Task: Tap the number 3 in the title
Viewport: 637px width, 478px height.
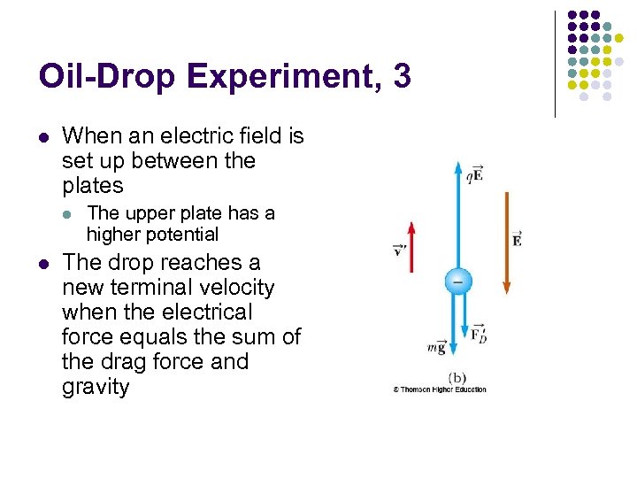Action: point(403,77)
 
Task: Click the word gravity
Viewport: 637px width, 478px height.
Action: point(96,387)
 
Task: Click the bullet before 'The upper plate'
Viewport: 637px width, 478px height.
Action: point(68,213)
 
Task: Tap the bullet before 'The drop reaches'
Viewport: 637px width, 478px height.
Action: point(43,263)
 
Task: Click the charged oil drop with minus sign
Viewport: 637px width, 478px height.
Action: point(457,281)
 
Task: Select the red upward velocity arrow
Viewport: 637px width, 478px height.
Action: point(411,257)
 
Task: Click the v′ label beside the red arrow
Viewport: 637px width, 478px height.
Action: point(398,250)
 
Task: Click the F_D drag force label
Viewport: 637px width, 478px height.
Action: point(478,335)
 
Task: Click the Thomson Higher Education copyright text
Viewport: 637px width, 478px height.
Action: point(440,389)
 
